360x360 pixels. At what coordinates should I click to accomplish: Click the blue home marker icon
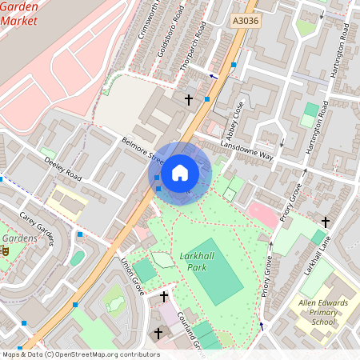coord(180,173)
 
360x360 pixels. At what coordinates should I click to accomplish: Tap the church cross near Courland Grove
coord(164,297)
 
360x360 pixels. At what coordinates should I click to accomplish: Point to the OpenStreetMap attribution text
coord(80,354)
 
